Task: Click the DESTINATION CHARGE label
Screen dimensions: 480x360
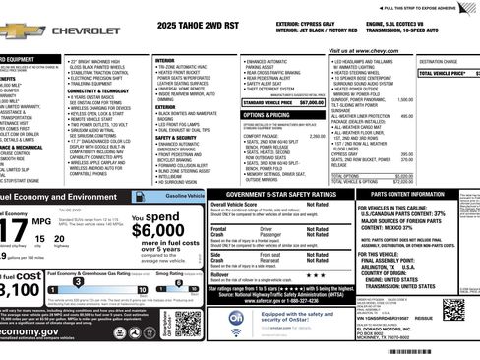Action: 439,61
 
